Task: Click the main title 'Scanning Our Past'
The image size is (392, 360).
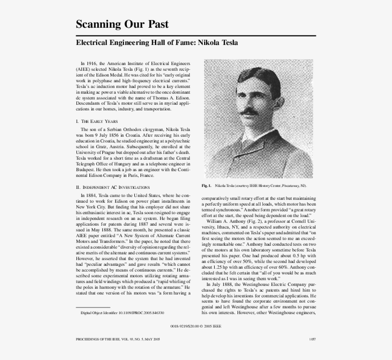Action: [122, 24]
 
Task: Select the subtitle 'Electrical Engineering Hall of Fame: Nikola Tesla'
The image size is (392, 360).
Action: [157, 43]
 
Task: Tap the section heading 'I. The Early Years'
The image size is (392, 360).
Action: [97, 121]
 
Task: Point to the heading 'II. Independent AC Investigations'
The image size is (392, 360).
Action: [113, 187]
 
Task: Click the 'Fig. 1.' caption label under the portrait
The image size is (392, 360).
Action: [207, 185]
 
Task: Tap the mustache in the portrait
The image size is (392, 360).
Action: [248, 111]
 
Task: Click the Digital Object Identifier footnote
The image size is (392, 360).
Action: [122, 313]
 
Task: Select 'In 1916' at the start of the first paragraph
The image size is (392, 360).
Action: [89, 63]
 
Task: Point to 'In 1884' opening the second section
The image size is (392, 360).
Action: [89, 196]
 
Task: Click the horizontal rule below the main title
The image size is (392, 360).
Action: [196, 36]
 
